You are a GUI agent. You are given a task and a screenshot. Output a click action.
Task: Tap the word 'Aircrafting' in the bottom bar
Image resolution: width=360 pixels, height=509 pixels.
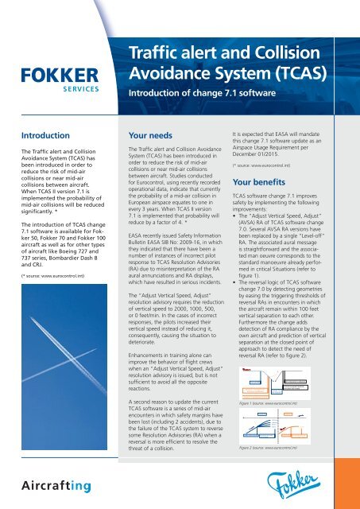click(x=54, y=484)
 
